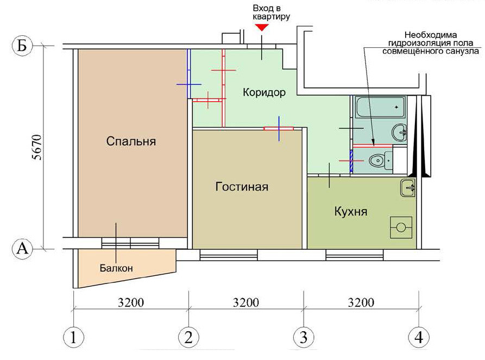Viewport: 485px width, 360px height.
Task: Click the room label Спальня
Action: [131, 141]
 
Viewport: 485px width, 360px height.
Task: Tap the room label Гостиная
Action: [242, 187]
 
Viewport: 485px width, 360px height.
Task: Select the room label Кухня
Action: [351, 212]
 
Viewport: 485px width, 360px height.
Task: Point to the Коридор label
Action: [264, 92]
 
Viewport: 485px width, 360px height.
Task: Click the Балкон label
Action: [116, 268]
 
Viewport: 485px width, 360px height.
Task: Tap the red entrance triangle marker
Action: [262, 28]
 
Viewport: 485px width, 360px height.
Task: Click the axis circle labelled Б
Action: [22, 46]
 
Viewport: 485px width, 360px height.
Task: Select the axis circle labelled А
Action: [22, 249]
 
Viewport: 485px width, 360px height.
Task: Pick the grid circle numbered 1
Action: [73, 337]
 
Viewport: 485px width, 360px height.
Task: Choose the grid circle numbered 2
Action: [188, 337]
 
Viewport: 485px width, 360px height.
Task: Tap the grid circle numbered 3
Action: [304, 337]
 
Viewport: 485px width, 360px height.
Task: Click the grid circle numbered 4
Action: [419, 337]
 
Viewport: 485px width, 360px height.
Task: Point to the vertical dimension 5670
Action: [37, 147]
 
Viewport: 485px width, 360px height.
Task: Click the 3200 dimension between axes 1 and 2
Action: [131, 302]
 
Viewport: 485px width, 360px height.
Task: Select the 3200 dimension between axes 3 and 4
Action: [361, 302]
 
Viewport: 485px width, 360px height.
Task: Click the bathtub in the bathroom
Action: [380, 107]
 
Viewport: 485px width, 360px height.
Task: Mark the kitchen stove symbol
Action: [401, 228]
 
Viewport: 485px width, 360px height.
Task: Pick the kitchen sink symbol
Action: [408, 187]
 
